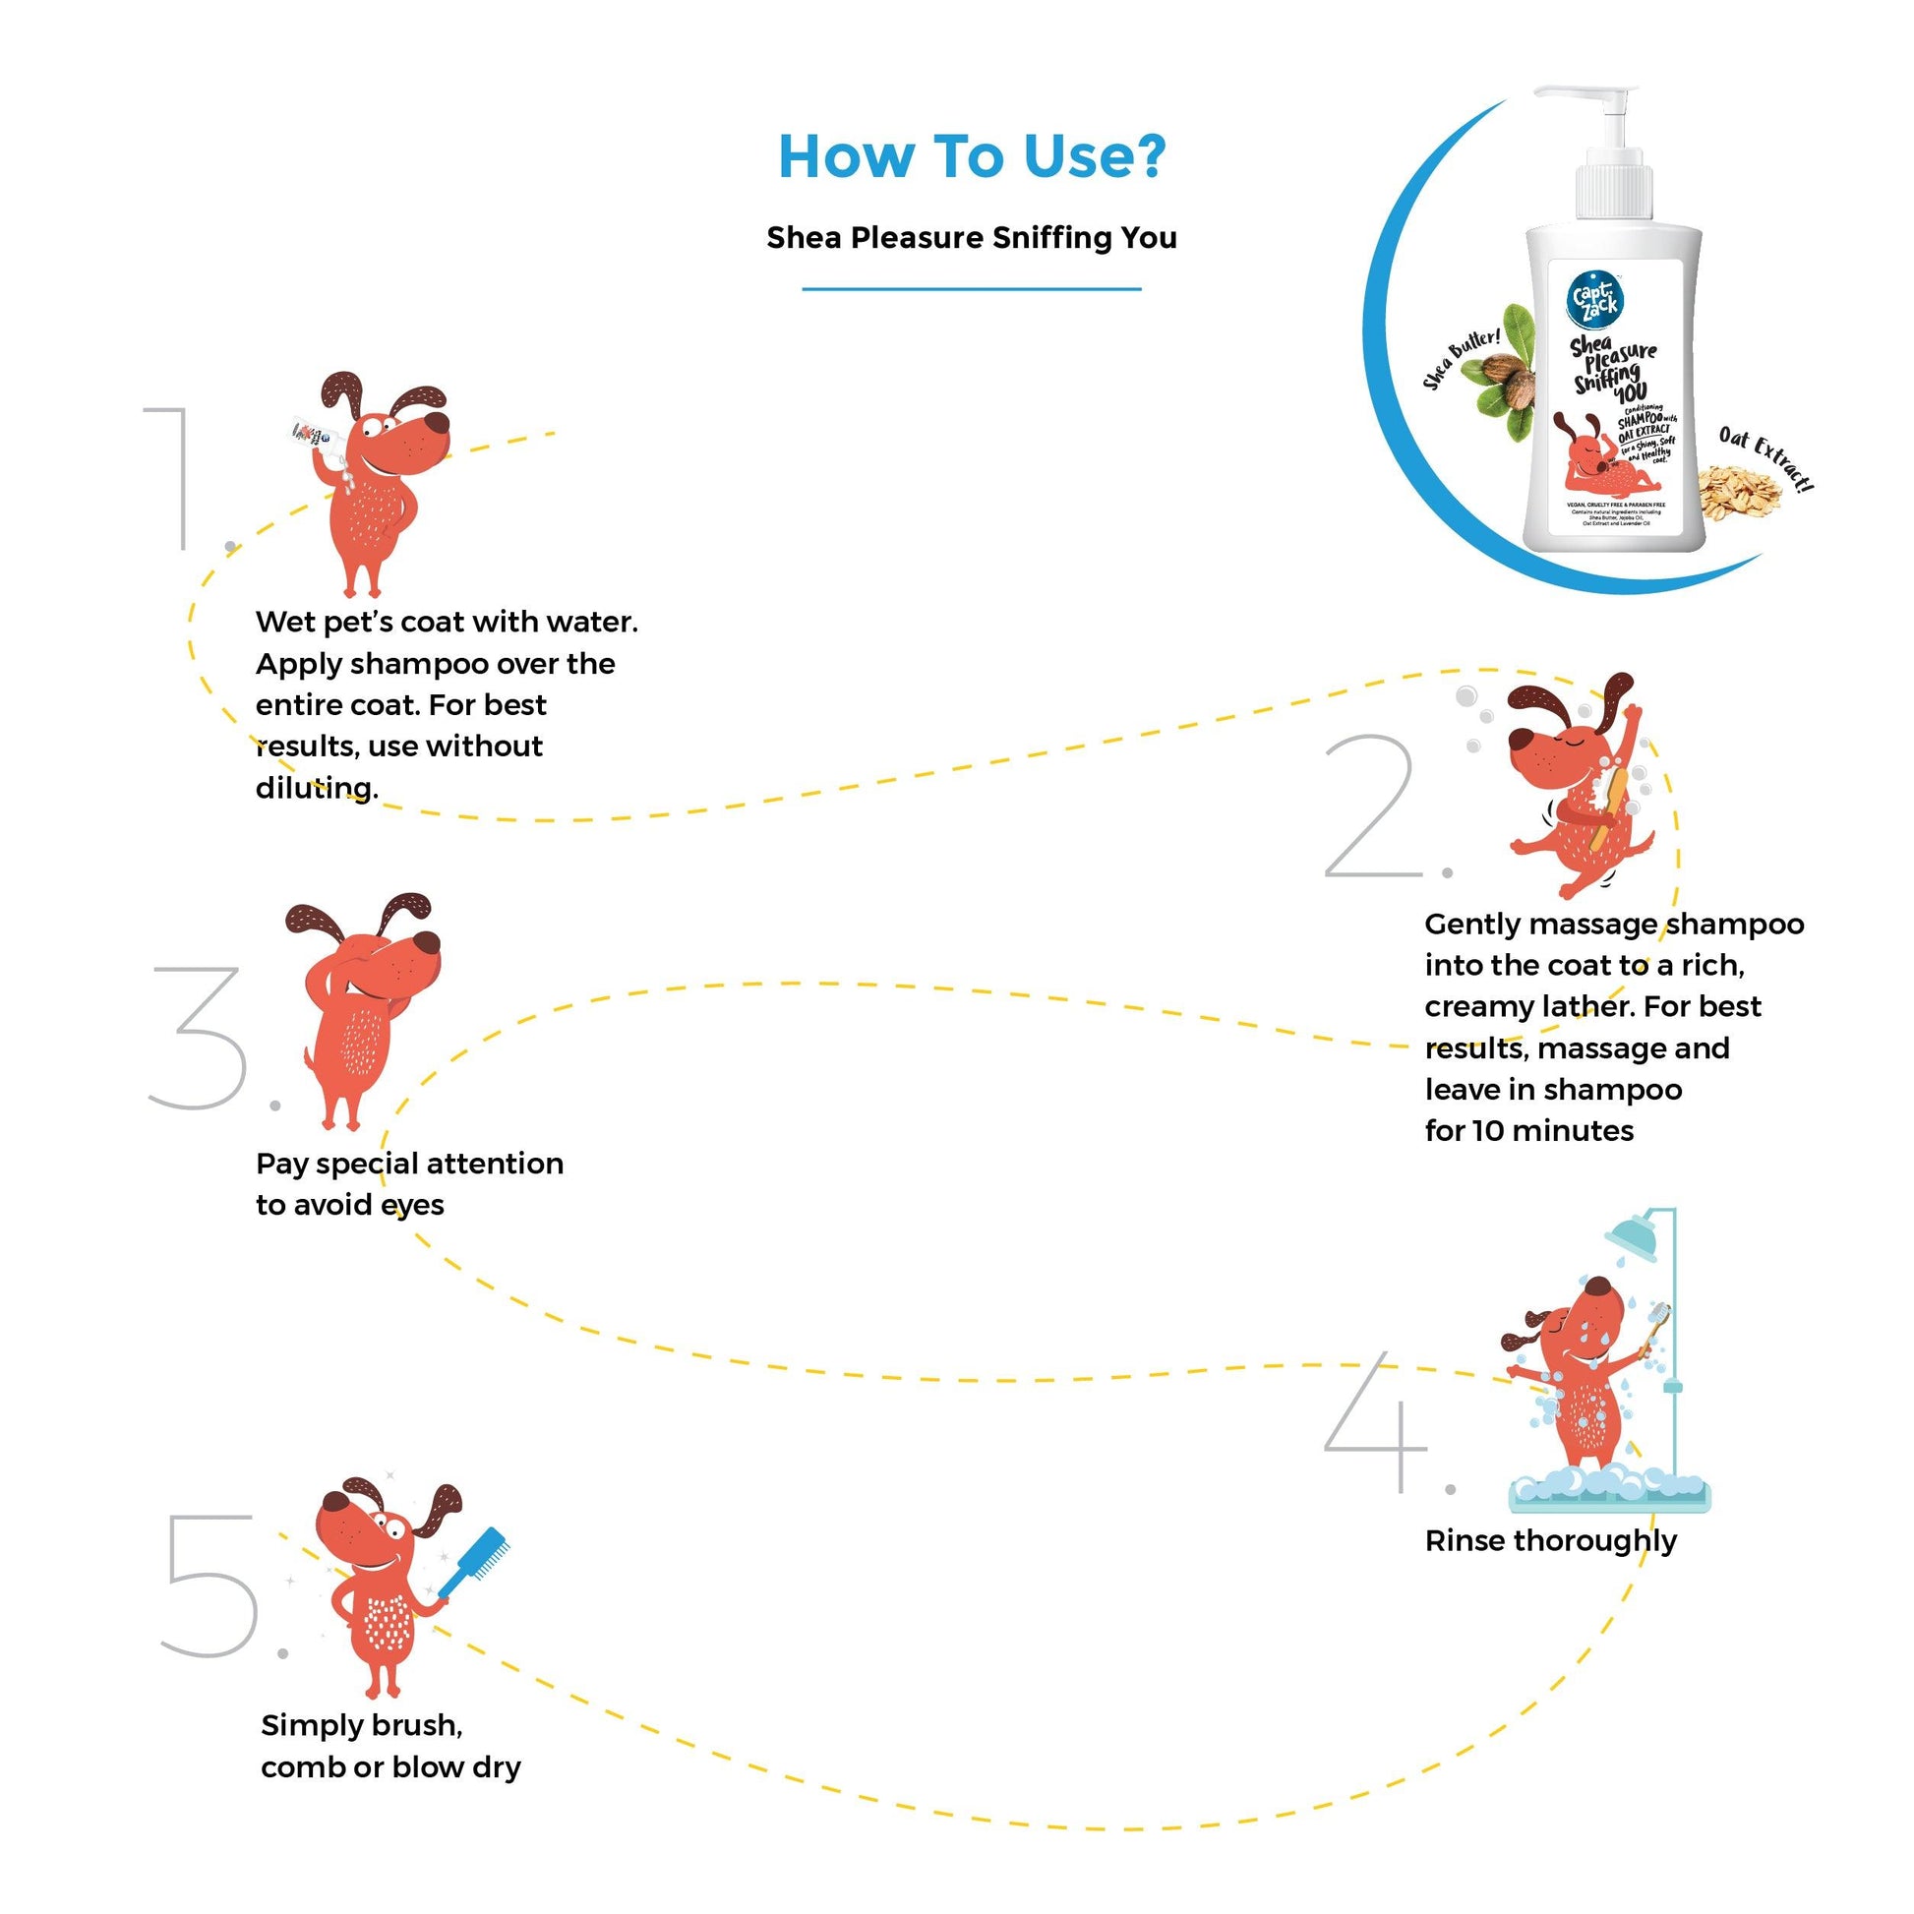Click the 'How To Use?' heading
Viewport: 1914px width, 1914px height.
click(x=972, y=156)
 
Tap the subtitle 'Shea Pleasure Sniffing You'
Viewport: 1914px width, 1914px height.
click(x=972, y=238)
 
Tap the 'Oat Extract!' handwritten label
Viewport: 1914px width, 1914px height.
click(x=1766, y=456)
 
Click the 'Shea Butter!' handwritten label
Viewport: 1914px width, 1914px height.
click(x=1462, y=358)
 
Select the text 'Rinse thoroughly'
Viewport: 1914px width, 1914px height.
click(x=1550, y=1540)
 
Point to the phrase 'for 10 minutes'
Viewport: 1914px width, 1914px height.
click(x=1528, y=1130)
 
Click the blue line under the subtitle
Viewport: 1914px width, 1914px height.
click(x=972, y=289)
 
